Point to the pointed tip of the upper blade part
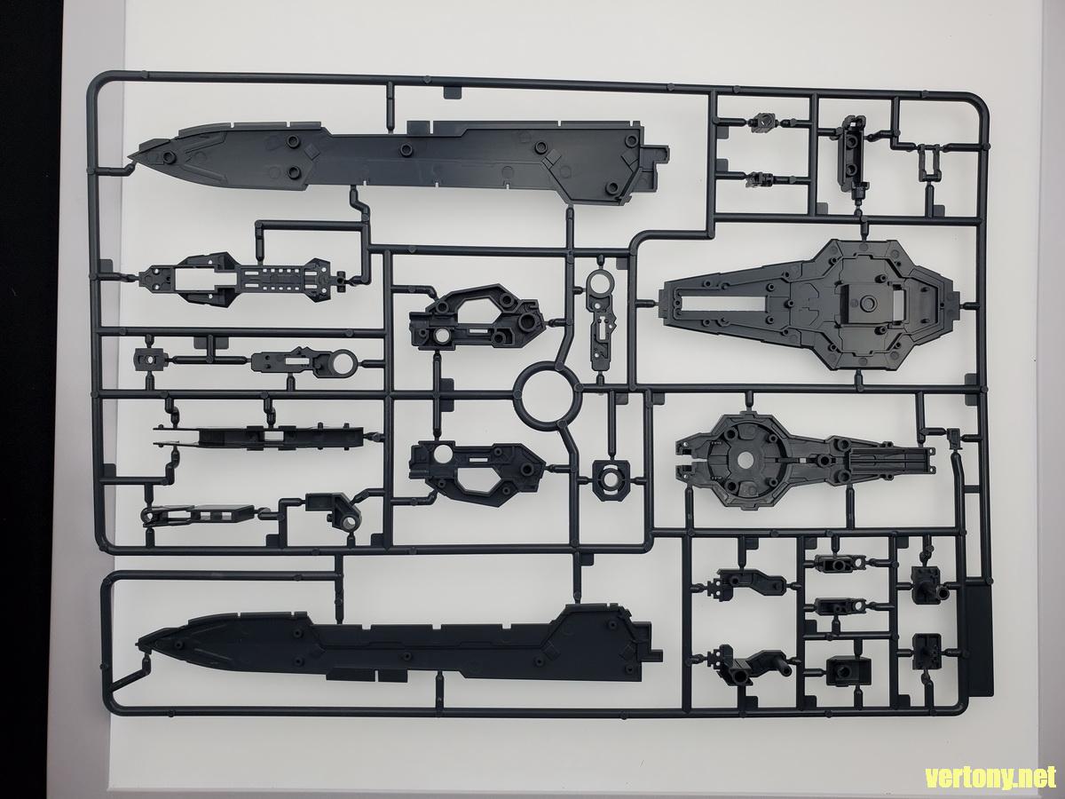pos(129,157)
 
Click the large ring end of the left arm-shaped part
pos(343,363)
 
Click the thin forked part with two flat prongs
pos(258,437)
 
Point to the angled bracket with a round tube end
pos(335,513)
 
